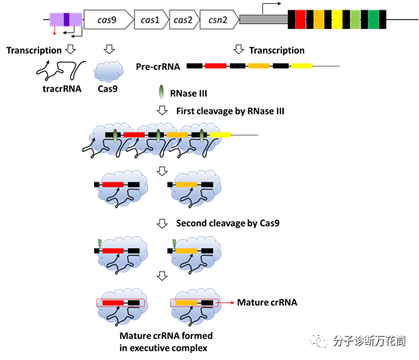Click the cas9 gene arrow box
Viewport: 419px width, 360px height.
109,19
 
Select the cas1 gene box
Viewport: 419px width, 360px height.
151,19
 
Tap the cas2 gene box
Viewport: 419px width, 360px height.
184,19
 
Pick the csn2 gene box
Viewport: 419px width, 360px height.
220,19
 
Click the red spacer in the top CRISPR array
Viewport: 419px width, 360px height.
301,19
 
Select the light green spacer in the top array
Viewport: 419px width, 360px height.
355,19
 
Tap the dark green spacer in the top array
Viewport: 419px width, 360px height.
373,19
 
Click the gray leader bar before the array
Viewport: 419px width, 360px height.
264,19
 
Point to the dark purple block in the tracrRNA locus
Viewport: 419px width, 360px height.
66,19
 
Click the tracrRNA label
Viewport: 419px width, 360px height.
62,88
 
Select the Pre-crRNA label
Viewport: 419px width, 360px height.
158,67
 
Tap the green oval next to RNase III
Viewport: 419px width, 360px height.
161,92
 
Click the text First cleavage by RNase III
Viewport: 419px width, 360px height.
230,111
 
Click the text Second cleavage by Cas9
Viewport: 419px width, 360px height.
228,223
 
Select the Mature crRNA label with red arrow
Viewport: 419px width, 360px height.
267,302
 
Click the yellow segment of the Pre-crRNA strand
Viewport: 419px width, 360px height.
302,66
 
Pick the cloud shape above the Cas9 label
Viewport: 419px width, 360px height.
109,72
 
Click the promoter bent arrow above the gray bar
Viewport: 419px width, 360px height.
271,7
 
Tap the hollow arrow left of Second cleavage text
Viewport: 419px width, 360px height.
162,223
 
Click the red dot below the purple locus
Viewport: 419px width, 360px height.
55,34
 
